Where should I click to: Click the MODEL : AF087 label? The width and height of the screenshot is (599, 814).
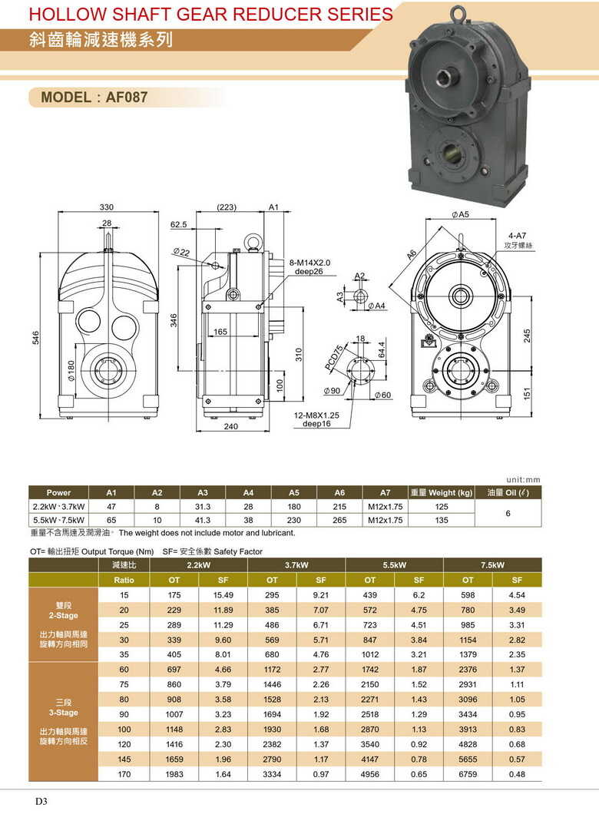click(x=94, y=98)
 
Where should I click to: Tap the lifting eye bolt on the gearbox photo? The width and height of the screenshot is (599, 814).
click(x=458, y=13)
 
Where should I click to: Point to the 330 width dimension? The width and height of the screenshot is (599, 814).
click(x=108, y=207)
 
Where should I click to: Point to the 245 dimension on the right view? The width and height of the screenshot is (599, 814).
click(x=527, y=336)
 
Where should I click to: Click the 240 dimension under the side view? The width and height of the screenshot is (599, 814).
click(x=231, y=427)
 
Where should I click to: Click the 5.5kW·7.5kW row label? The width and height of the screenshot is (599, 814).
click(x=59, y=520)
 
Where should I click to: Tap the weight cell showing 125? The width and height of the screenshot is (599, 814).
click(x=441, y=507)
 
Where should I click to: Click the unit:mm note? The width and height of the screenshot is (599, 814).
click(x=524, y=480)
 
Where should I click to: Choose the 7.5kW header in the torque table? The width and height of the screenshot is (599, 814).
click(x=492, y=565)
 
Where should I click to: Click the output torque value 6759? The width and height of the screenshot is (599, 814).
click(x=468, y=774)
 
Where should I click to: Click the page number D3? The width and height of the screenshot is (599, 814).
click(x=41, y=801)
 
